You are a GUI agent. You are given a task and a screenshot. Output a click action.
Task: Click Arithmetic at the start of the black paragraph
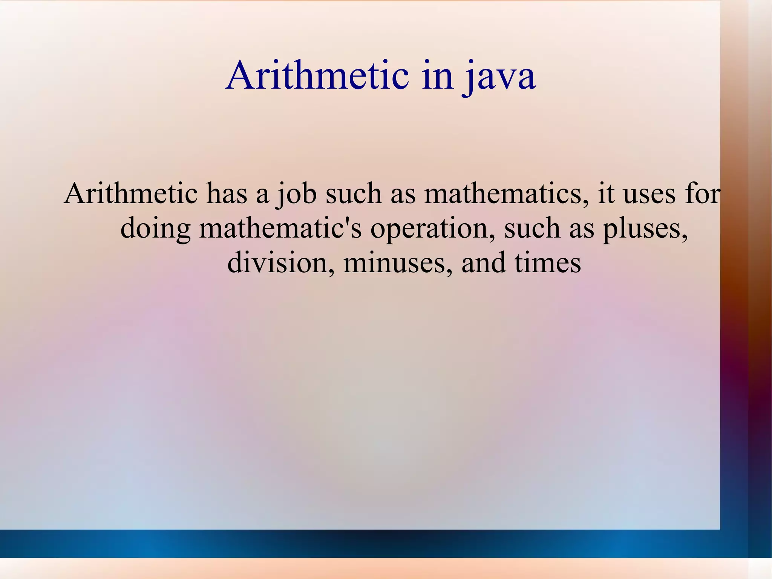130,193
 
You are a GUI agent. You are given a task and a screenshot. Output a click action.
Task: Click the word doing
155,229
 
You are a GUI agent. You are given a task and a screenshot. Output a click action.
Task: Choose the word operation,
433,229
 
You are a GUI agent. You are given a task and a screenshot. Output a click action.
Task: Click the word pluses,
645,229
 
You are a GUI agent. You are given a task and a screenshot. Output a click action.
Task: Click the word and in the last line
484,263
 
